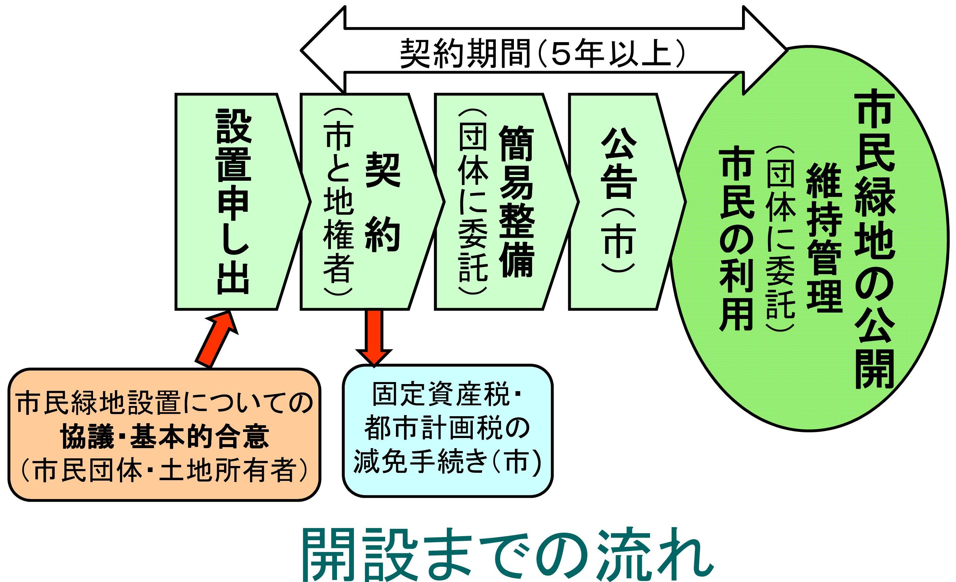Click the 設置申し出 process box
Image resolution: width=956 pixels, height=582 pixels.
pos(233,202)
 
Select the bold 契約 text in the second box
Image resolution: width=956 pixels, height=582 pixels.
pos(382,202)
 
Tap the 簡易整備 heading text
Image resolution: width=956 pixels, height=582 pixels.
pos(516,202)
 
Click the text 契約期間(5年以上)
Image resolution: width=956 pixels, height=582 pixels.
pos(543,53)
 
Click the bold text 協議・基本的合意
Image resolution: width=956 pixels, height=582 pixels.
pos(165,437)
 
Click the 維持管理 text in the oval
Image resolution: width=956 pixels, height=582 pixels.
pos(825,237)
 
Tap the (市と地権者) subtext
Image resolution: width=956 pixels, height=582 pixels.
pos(338,202)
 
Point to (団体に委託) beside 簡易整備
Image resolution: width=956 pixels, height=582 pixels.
pos(472,202)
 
